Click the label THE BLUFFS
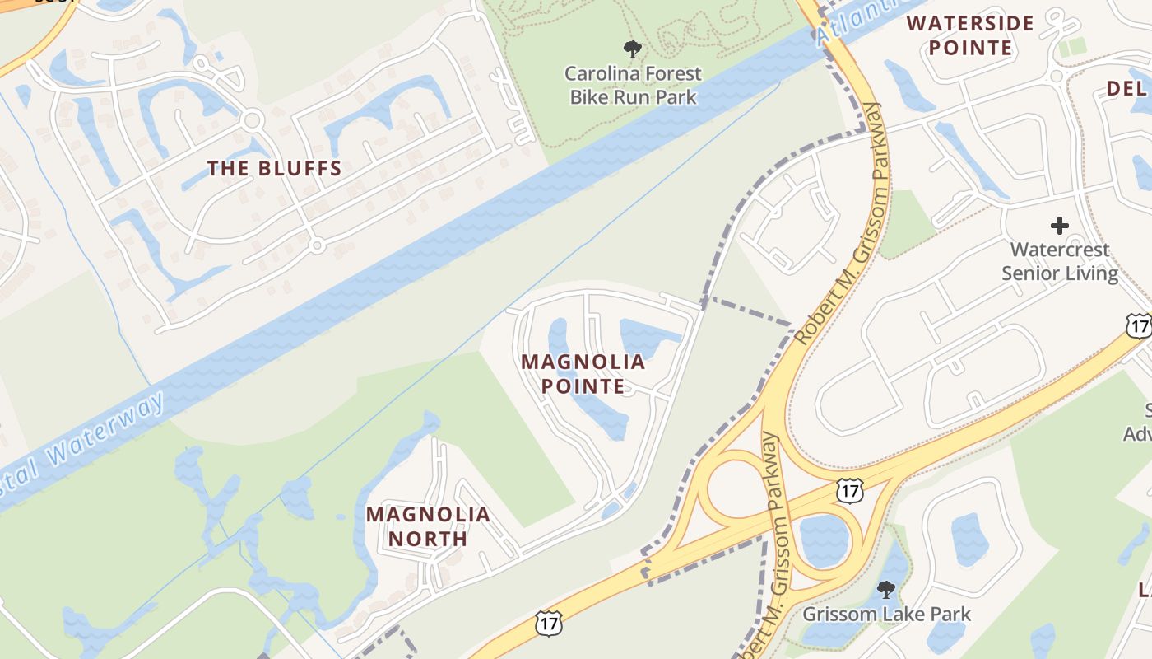(x=274, y=169)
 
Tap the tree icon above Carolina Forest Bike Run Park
(x=632, y=49)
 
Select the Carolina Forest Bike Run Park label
(x=632, y=85)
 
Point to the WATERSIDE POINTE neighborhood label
(x=970, y=35)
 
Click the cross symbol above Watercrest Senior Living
(x=1060, y=225)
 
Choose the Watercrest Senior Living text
(x=1060, y=261)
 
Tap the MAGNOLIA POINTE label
(x=583, y=373)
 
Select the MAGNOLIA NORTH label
(x=428, y=526)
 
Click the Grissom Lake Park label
(x=886, y=615)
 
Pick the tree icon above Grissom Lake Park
(x=886, y=590)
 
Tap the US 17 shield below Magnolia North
(x=547, y=623)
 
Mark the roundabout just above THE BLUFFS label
(x=252, y=120)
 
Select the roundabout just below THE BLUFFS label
(x=316, y=245)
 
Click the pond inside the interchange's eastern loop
(x=824, y=540)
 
